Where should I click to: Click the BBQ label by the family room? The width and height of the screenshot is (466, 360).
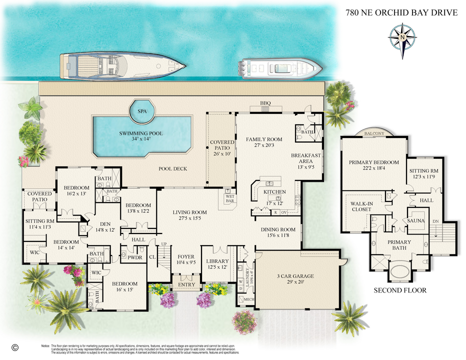coord(265,103)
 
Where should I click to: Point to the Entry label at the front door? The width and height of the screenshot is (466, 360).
coord(179,285)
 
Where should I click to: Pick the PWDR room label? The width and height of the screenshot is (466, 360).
coord(135,257)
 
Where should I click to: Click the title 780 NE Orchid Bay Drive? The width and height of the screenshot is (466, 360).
coord(401,12)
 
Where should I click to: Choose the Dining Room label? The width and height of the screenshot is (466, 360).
coord(278,233)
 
